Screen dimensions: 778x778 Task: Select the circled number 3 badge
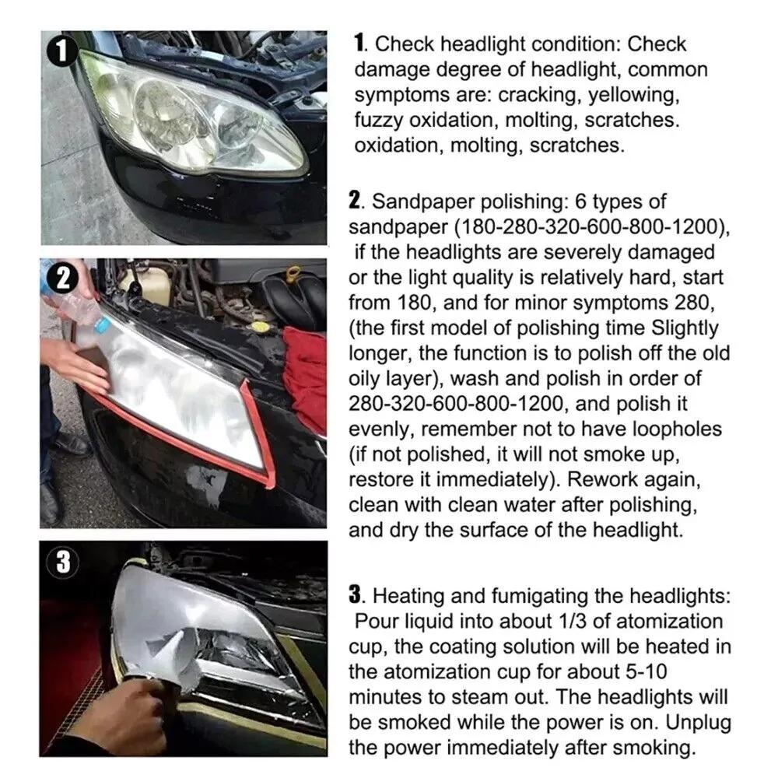coord(62,562)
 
